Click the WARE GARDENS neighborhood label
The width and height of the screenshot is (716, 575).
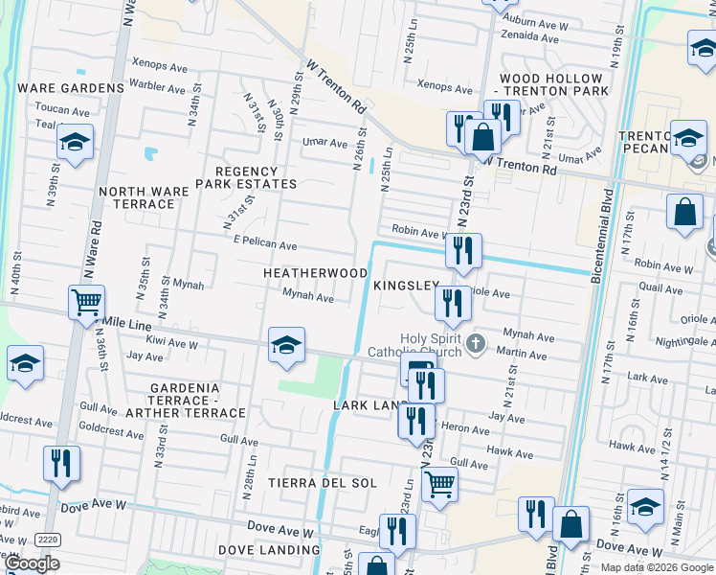(x=71, y=88)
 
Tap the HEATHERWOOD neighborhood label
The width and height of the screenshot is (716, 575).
(x=316, y=273)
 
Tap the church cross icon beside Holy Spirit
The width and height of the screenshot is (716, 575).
(x=477, y=342)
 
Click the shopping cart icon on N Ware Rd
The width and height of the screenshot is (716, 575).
(x=86, y=303)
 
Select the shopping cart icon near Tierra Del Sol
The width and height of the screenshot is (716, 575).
(x=439, y=484)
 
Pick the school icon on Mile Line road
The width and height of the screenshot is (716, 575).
(x=286, y=345)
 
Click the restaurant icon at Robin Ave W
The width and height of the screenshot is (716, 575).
(x=463, y=251)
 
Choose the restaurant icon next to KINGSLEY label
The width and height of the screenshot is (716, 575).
(x=452, y=303)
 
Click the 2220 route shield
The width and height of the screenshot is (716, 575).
(x=48, y=540)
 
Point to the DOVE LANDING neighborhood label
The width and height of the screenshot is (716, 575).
(x=269, y=550)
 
